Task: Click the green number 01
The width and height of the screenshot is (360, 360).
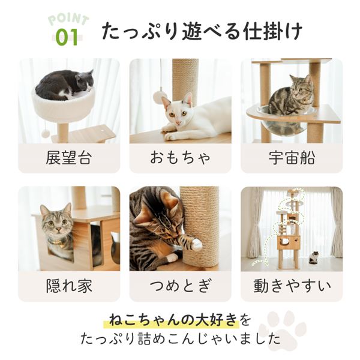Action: (x=67, y=37)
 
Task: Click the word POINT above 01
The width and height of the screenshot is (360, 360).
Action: (x=68, y=20)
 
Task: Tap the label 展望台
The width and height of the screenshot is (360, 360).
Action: (x=69, y=158)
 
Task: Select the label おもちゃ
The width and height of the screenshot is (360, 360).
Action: (x=180, y=158)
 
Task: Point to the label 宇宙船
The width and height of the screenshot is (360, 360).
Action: (x=292, y=158)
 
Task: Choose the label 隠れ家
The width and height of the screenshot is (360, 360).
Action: (x=69, y=286)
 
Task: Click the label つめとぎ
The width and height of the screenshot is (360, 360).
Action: (x=180, y=286)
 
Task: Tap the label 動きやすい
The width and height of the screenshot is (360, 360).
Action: (x=292, y=286)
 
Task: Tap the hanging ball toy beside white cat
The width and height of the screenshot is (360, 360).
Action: (x=158, y=95)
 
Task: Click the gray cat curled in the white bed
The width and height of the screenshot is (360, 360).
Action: (x=65, y=85)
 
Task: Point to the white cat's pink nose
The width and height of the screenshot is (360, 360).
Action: (x=178, y=122)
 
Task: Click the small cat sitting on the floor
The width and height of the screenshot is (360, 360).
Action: (x=314, y=257)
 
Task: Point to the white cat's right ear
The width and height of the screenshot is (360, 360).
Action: (x=189, y=99)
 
